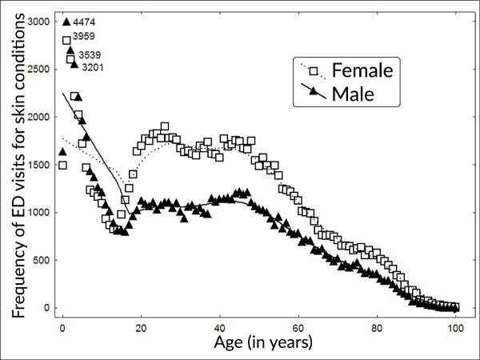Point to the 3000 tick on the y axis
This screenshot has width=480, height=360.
[x=36, y=21]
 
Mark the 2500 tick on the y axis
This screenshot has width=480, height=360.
[x=36, y=69]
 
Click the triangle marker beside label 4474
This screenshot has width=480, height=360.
[x=66, y=22]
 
